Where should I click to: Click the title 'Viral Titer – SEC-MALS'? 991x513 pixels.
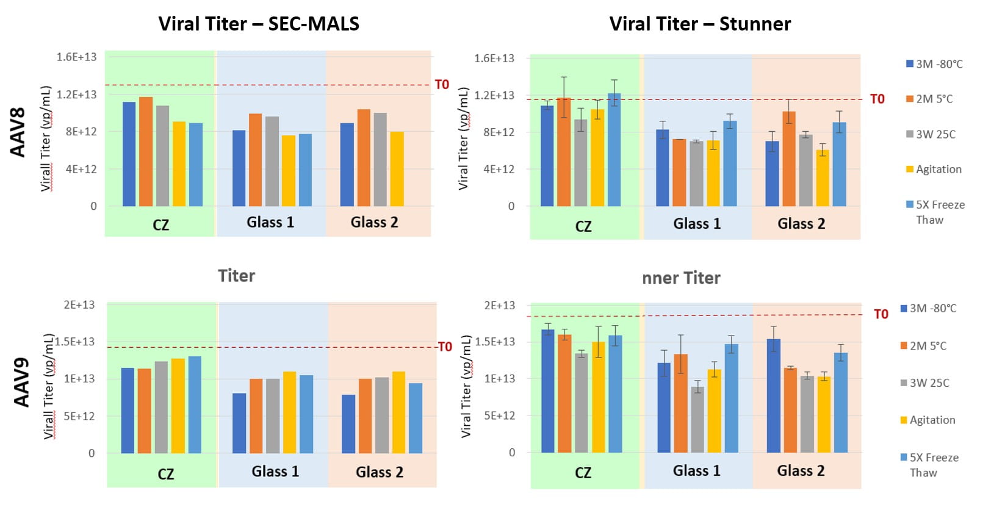click(x=259, y=24)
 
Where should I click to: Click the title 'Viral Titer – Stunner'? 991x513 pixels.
click(x=700, y=24)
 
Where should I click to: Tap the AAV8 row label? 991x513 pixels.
click(x=18, y=132)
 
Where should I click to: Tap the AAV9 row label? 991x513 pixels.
click(x=21, y=382)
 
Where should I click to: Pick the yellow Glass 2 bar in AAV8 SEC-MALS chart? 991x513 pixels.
click(x=397, y=169)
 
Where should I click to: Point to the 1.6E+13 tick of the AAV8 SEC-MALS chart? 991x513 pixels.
click(x=76, y=57)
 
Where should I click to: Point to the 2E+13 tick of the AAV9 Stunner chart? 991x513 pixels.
click(x=499, y=306)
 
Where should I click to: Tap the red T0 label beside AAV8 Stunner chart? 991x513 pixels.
click(x=877, y=99)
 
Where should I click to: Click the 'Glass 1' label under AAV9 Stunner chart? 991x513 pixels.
click(x=696, y=470)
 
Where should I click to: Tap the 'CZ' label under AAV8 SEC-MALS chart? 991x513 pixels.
click(x=160, y=225)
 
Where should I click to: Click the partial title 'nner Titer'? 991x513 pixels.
click(x=681, y=278)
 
